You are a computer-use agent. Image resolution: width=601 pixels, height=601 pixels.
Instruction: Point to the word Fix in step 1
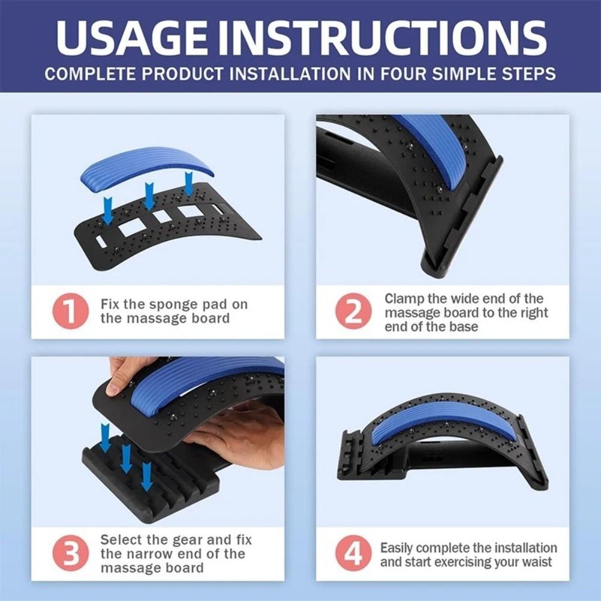pyautogui.click(x=111, y=304)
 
